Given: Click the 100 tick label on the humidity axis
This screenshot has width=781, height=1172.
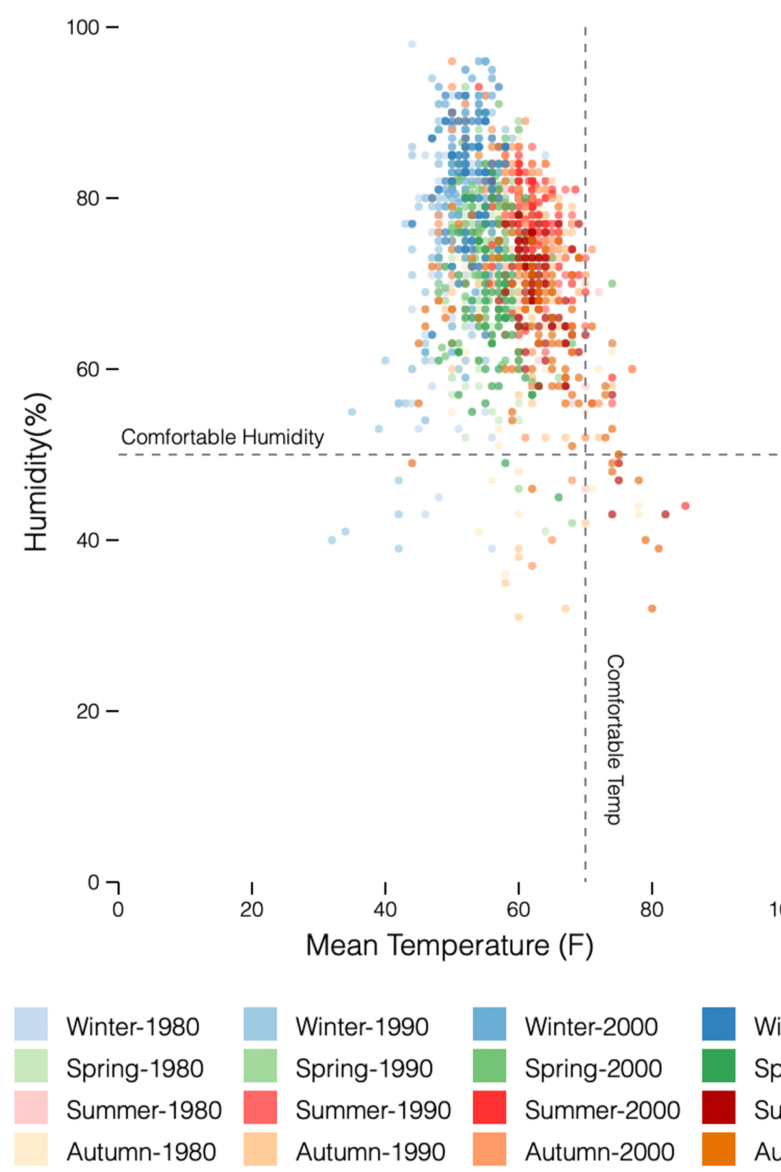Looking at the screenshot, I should (83, 28).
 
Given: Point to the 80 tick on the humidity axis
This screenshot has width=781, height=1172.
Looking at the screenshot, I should (88, 199).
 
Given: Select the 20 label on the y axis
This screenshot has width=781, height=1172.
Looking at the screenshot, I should (88, 712).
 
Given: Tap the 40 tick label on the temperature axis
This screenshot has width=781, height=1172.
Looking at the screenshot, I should (385, 910).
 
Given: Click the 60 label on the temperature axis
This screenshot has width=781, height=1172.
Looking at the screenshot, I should (519, 910).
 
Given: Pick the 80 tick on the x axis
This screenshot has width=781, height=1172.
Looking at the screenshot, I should (651, 910).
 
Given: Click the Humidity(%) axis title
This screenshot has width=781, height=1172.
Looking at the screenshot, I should (36, 472).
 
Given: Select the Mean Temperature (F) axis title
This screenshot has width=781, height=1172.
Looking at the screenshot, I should (449, 945).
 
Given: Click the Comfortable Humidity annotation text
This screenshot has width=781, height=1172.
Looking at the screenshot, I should (223, 437).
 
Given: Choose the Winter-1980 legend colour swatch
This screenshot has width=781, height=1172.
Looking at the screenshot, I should (31, 1024).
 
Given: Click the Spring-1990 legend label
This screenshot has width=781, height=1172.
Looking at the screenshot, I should (364, 1068).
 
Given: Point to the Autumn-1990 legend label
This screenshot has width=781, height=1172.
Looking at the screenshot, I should (370, 1152).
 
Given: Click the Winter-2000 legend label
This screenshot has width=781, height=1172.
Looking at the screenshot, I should (591, 1027).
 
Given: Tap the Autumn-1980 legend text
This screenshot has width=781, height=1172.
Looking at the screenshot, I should (141, 1152).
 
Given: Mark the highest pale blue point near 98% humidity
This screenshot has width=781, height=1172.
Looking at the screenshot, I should (412, 44).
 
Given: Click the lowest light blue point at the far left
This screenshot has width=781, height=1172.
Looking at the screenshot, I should (332, 540).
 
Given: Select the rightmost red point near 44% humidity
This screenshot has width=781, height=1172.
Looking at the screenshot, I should (685, 506).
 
